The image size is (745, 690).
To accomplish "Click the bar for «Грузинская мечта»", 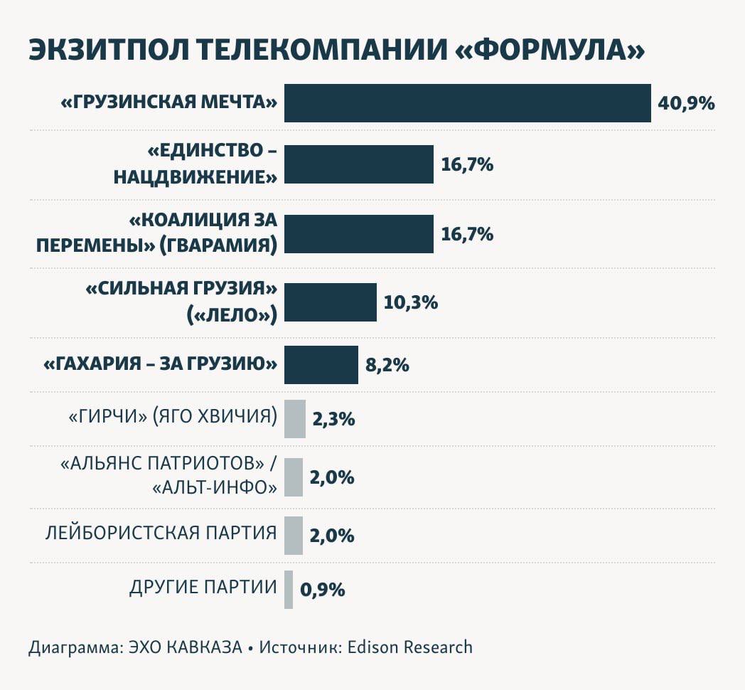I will pos(467,103).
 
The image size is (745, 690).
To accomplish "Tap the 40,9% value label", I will pos(686,103).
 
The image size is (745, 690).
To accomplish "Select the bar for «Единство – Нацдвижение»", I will pos(358,164).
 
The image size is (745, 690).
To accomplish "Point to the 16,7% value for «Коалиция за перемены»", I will pos(467,234).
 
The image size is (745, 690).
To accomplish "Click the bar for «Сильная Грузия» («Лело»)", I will pos(330,302).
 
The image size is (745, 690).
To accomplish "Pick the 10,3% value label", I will pos(410,302).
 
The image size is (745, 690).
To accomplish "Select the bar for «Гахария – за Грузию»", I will pos(321,365).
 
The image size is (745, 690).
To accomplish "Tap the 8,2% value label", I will pos(387,365).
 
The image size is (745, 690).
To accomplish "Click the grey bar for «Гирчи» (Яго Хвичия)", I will pos(294,418).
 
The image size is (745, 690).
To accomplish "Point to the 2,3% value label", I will pos(333,418).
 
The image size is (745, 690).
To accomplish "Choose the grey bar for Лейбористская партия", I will pos(293,535).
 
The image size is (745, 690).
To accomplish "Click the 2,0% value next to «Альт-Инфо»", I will pos(331,477).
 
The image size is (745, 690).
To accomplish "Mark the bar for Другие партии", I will pos(288,589).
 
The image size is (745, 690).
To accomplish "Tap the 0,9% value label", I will pos(323,589).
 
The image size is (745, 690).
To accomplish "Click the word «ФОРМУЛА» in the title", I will pos(549,51).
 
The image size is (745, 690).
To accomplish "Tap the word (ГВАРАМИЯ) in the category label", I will pos(218,245).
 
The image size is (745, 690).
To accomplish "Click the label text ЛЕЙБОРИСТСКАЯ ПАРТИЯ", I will pos(161,533).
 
